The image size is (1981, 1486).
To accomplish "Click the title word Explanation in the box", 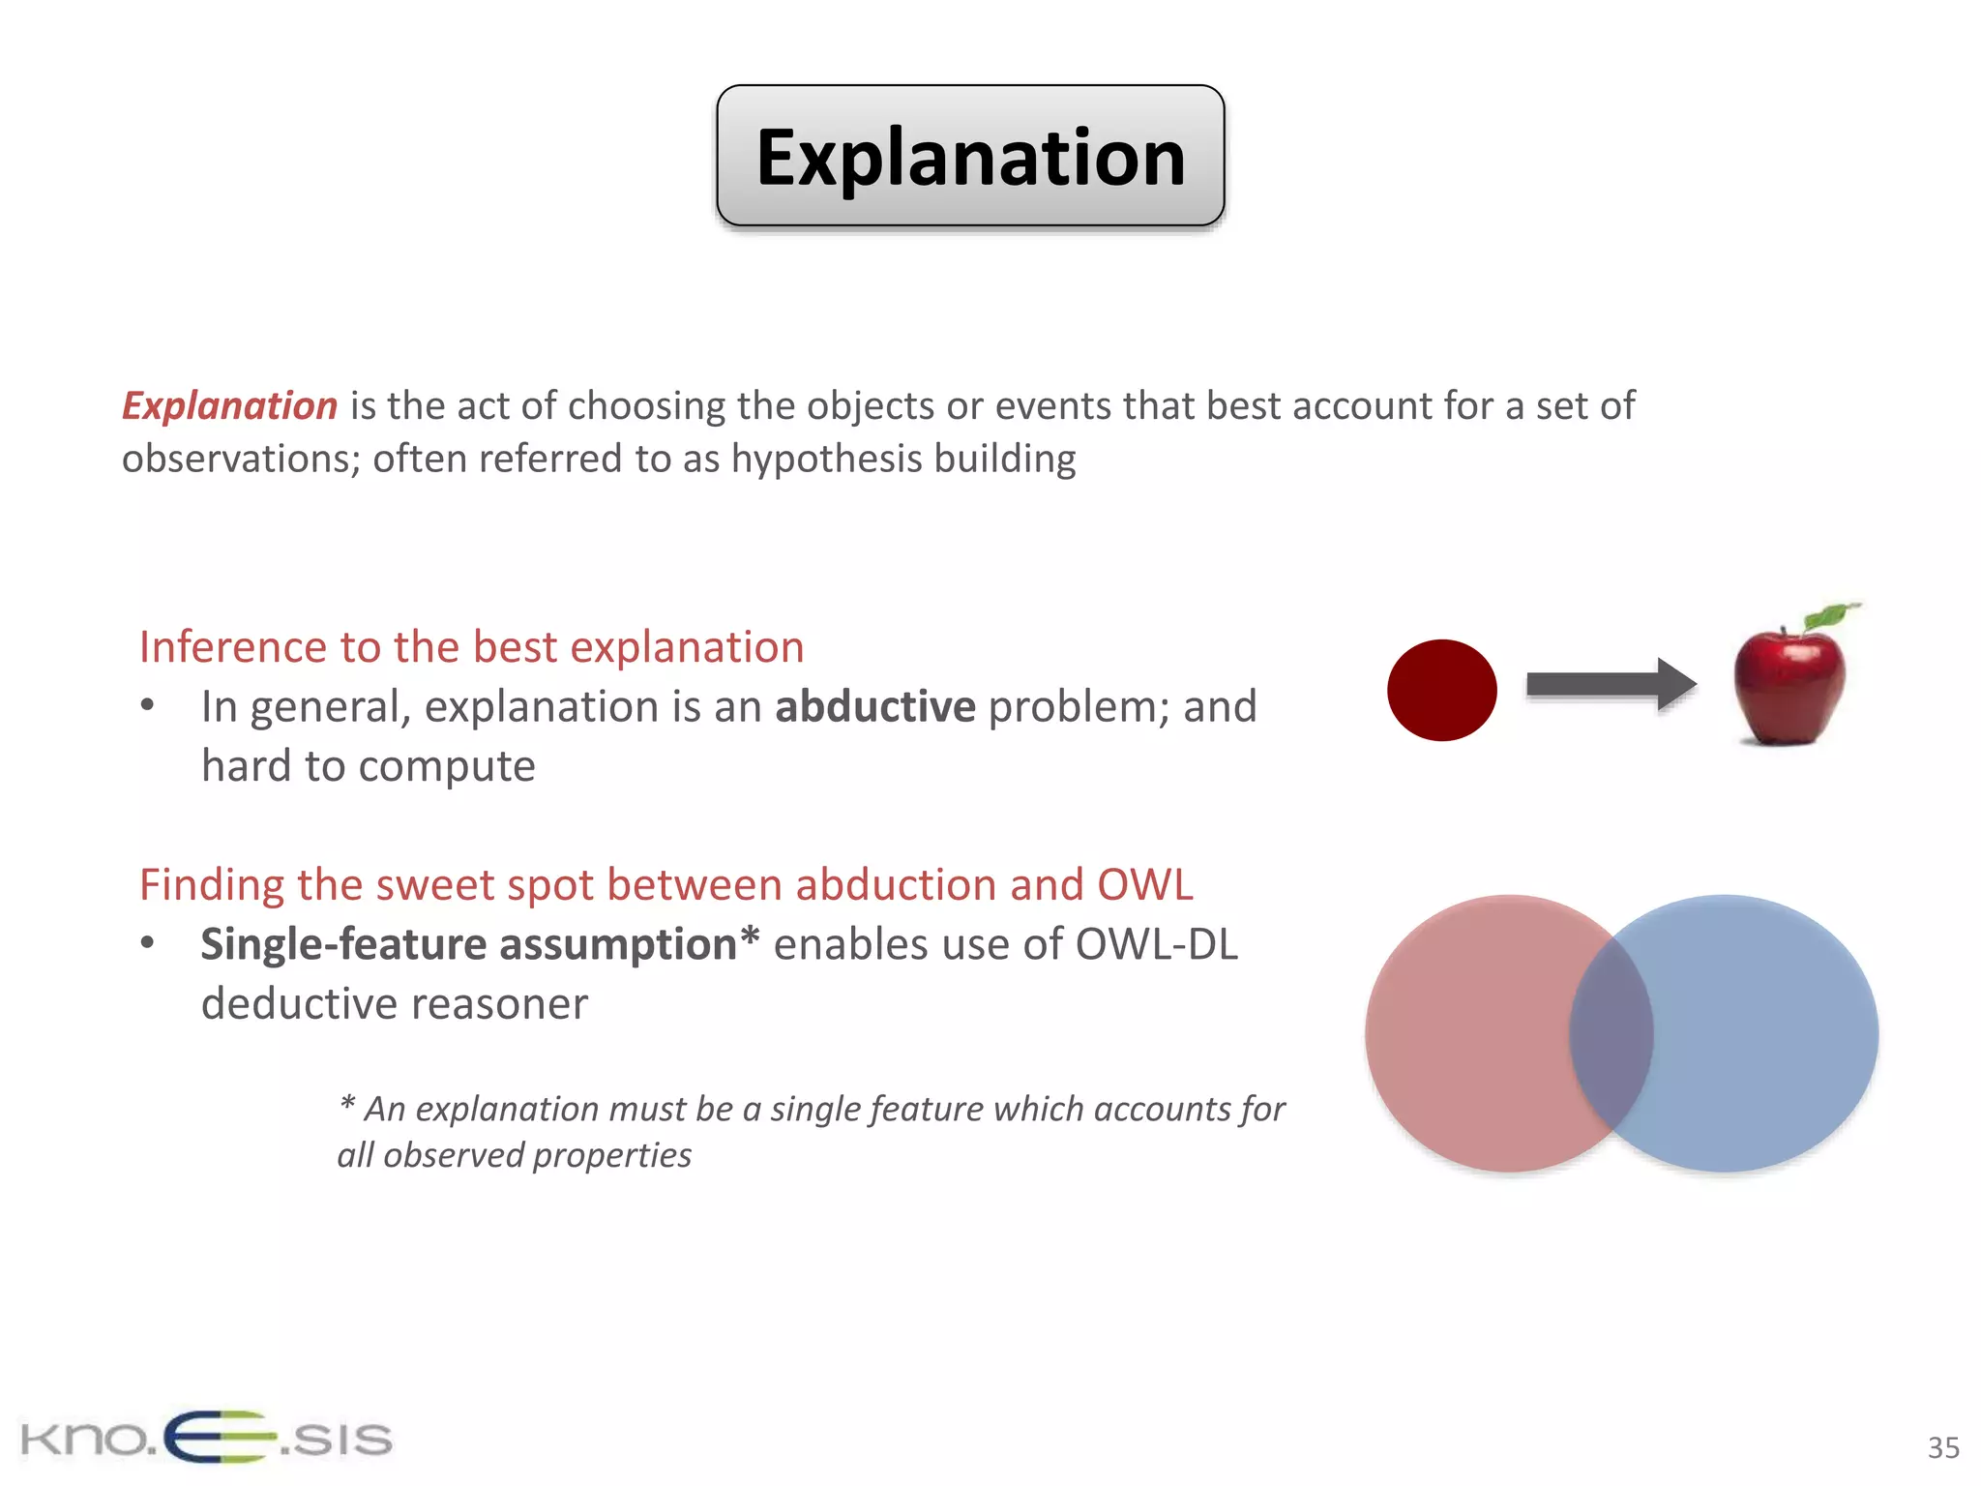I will pos(970,158).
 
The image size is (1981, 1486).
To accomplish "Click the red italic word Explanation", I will pos(229,406).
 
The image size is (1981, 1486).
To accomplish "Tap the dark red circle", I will pos(1441,690).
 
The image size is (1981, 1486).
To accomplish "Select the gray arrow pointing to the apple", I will pos(1610,685).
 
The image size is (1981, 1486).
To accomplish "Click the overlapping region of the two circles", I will pos(1611,1033).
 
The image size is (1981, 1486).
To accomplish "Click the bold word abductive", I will pos(874,707).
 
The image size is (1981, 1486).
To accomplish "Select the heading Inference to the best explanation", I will pos(471,647).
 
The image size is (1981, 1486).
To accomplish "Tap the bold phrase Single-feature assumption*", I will pos(479,944).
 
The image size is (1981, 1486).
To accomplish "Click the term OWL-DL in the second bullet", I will pos(1156,944).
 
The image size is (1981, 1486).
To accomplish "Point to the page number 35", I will pos(1942,1448).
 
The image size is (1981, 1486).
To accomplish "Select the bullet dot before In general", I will pos(147,705).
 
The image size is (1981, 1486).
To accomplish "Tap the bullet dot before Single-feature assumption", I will pos(147,943).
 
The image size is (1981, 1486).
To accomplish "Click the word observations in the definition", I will pos(240,460).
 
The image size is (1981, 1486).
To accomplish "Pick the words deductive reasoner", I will pos(394,1004).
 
